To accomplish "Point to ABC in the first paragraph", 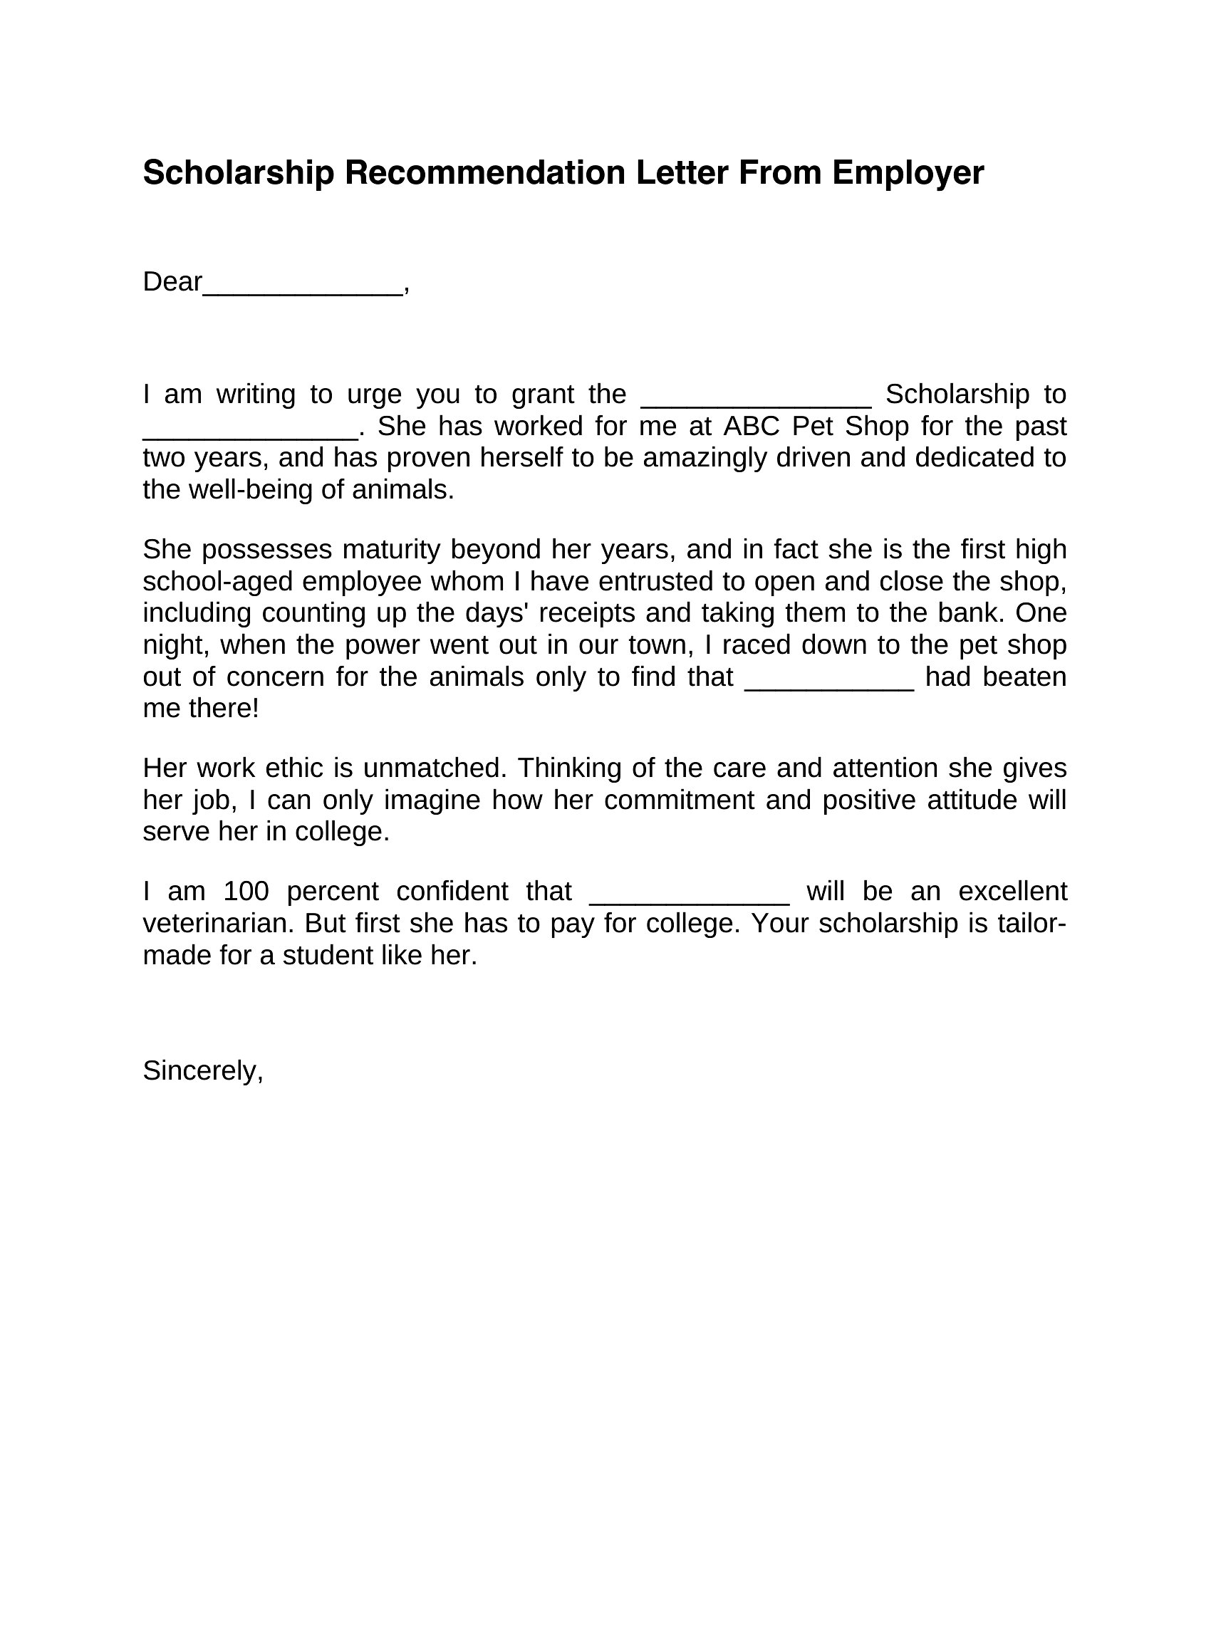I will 752,426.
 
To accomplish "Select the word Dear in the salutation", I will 172,281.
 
